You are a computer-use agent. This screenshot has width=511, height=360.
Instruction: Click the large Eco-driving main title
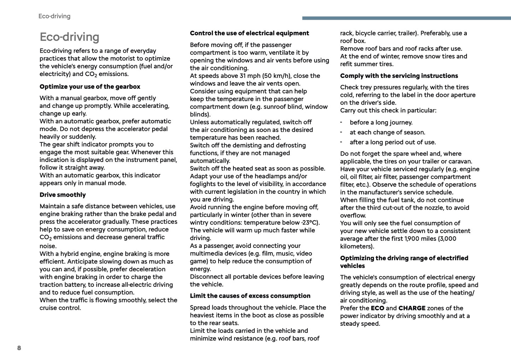[69, 37]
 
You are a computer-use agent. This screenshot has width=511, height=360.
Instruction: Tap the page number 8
[19, 348]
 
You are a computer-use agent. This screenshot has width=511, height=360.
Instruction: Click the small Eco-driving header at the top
[54, 16]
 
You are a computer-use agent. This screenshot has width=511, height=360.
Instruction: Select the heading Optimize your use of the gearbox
[90, 87]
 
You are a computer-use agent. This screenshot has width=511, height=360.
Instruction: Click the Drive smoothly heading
[63, 195]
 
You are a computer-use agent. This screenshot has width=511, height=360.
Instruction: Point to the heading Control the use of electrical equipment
[249, 33]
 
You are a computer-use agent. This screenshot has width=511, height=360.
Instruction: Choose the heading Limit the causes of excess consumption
[250, 296]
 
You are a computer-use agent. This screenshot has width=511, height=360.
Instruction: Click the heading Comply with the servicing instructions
[399, 76]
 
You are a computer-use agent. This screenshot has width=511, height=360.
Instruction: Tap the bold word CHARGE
[412, 308]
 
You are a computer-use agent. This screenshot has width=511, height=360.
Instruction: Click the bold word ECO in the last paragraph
[377, 308]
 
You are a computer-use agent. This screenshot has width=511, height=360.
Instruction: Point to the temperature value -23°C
[310, 222]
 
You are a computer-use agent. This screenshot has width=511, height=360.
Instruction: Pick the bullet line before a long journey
[381, 122]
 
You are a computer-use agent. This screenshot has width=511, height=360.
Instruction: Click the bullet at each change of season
[387, 132]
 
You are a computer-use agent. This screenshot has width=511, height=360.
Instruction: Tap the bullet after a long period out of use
[393, 142]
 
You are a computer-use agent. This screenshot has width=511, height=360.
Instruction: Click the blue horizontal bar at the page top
[406, 18]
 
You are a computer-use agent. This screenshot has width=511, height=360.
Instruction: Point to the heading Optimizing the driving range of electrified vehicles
[404, 262]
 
